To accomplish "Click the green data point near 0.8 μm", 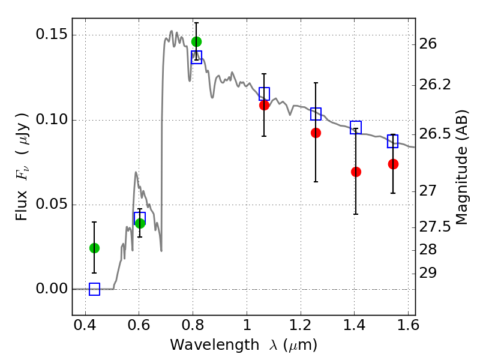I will [x=196, y=41].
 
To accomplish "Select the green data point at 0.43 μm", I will [x=94, y=248].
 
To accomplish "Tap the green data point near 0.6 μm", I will [x=140, y=223].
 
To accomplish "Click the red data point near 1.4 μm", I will [x=356, y=172].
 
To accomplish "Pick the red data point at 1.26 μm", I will [x=316, y=133].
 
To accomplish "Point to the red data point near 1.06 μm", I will [x=264, y=105].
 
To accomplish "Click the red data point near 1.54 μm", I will [x=393, y=164].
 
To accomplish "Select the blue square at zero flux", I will [x=94, y=289].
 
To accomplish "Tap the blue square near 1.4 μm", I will [x=356, y=127].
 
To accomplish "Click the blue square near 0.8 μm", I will [x=196, y=57].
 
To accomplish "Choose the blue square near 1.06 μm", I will [x=264, y=94].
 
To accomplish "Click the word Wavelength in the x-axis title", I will [x=205, y=345].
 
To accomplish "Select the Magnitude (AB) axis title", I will [x=461, y=167].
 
